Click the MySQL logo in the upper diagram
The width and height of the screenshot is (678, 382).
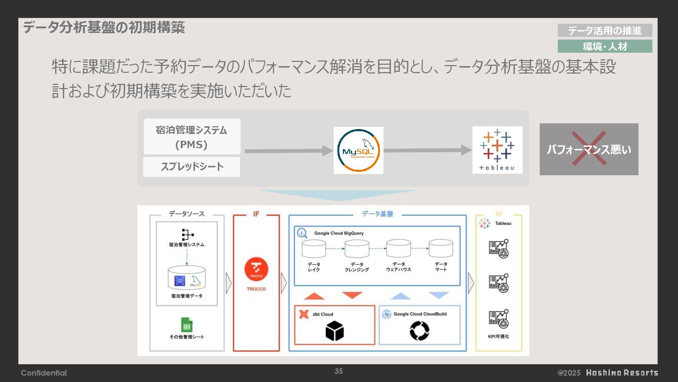[x=358, y=150]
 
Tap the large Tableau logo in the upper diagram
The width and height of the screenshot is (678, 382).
[x=497, y=150]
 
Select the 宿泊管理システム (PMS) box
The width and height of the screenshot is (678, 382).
[x=192, y=137]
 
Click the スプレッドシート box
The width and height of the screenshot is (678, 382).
[x=192, y=167]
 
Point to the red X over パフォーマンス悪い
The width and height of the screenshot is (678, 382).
[x=589, y=148]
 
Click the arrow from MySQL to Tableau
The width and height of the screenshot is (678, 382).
[x=427, y=150]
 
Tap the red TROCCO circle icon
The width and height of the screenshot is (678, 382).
[x=256, y=269]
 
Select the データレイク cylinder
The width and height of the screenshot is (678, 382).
[x=314, y=249]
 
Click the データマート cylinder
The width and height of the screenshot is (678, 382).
[x=441, y=249]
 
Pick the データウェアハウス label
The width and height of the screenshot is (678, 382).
[x=398, y=267]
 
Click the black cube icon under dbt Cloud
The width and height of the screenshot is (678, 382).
[x=334, y=331]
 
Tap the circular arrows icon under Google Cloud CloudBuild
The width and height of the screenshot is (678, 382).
[x=420, y=331]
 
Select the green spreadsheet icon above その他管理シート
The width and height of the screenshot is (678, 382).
[x=187, y=325]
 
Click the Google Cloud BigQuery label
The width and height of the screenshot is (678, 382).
[x=339, y=233]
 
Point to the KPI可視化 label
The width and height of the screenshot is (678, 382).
[x=498, y=336]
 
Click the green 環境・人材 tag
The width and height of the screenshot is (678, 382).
[x=605, y=46]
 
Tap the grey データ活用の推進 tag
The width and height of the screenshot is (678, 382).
[x=605, y=30]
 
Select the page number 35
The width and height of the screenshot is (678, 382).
[x=339, y=371]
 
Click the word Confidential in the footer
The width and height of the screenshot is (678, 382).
[x=44, y=373]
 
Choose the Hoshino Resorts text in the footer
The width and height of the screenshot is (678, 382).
[x=622, y=373]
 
